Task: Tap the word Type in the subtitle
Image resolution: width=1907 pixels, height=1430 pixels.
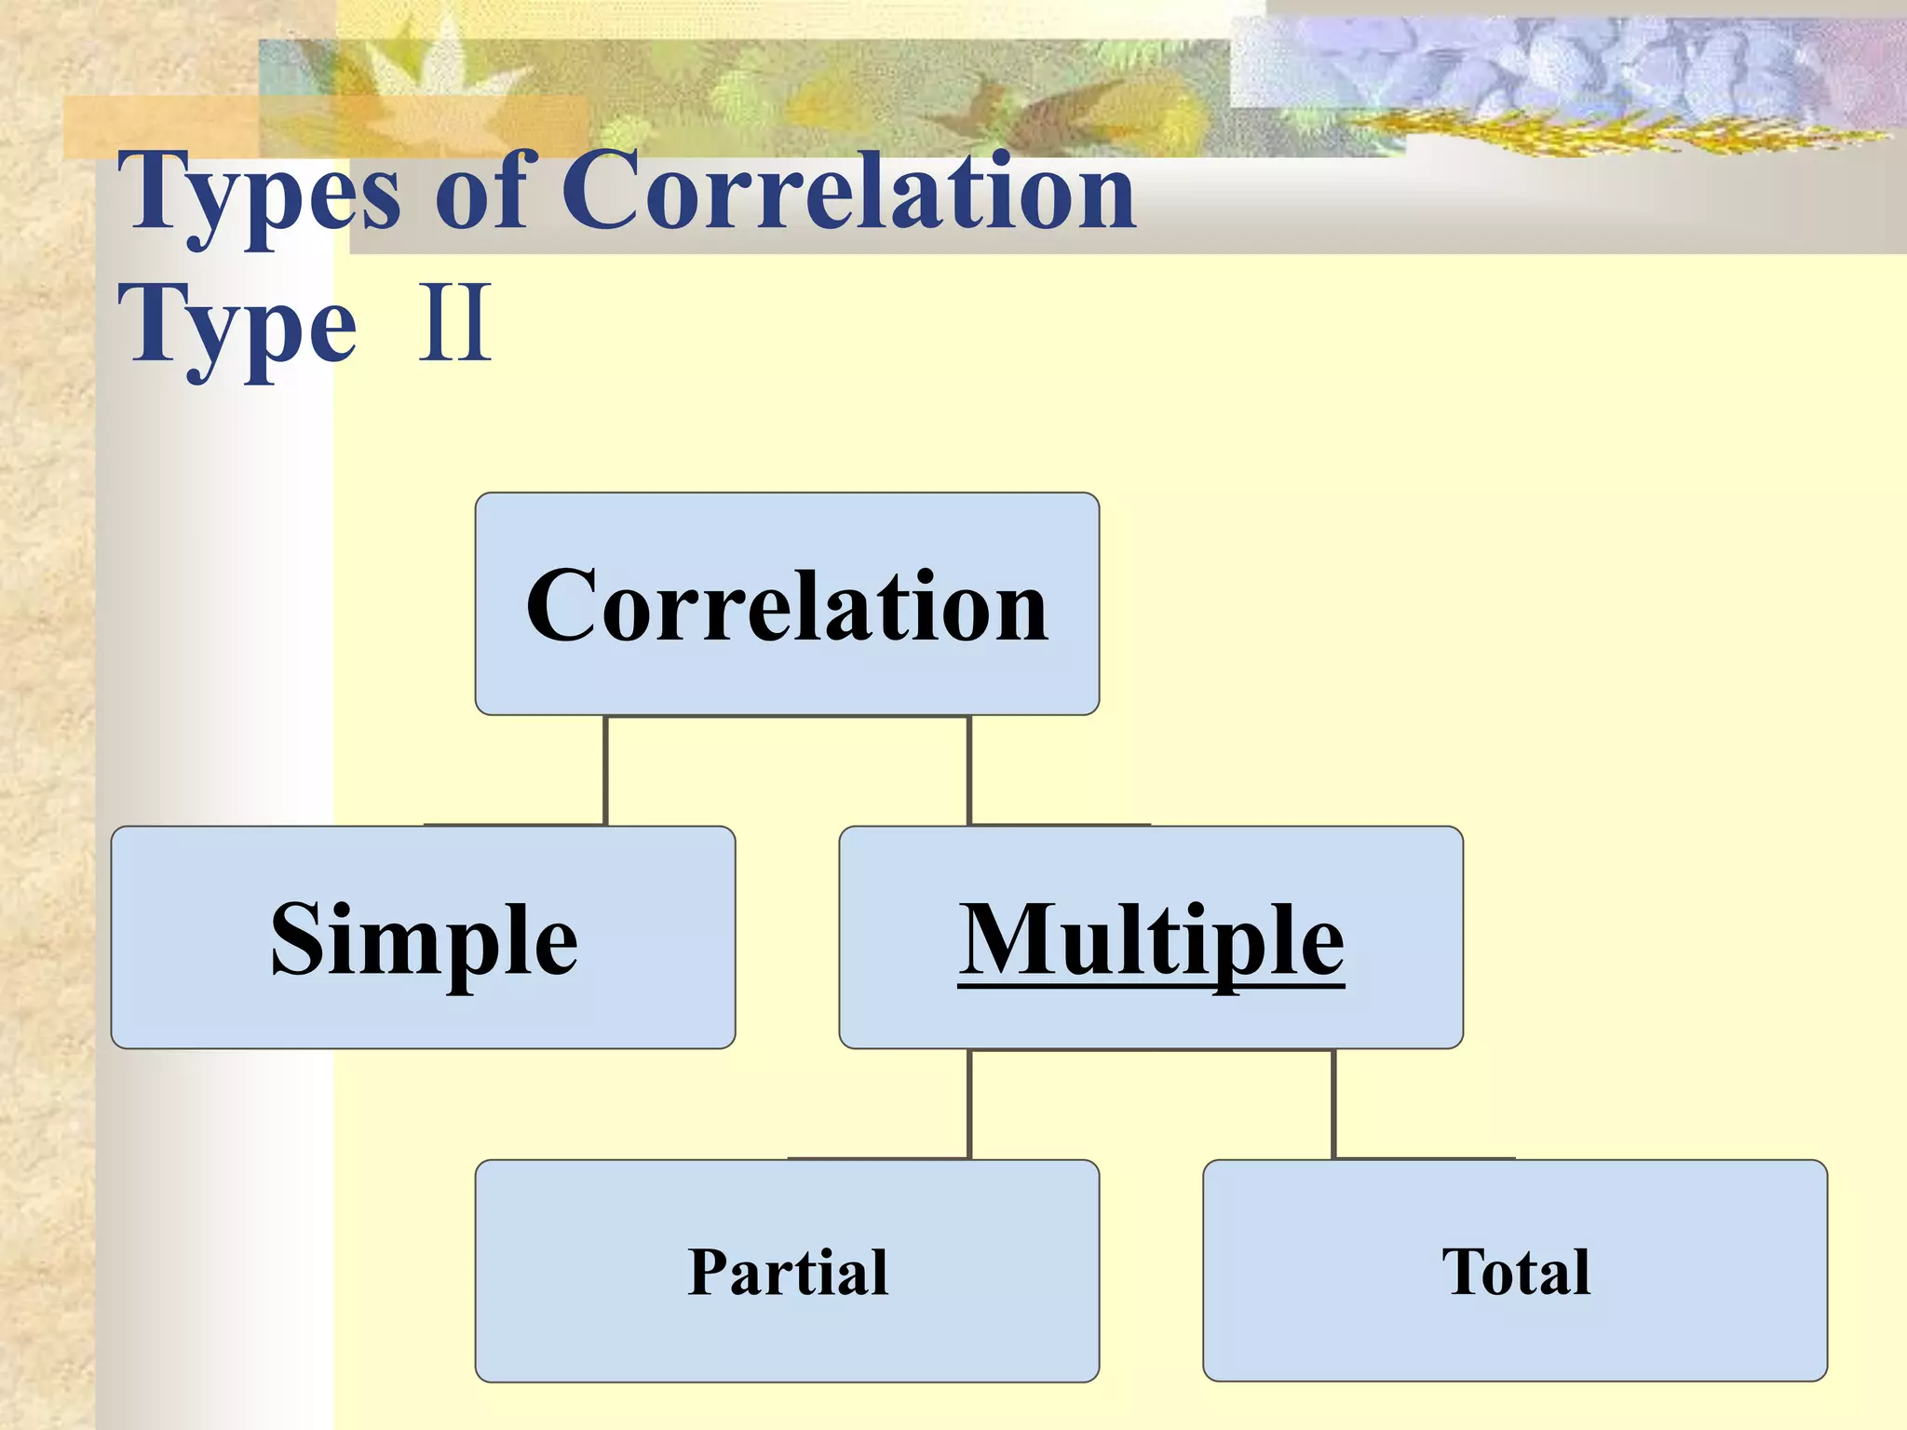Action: (237, 326)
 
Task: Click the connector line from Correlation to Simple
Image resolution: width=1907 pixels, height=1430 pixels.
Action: (605, 771)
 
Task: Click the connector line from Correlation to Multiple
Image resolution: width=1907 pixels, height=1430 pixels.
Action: (969, 771)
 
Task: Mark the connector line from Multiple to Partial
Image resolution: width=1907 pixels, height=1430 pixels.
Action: (969, 1104)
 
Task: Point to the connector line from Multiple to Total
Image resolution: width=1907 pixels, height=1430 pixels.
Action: (1333, 1104)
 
